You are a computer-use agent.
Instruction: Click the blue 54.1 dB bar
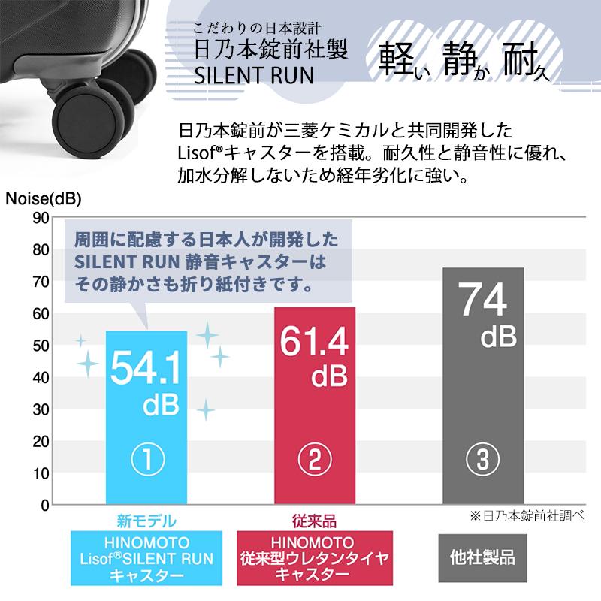tap(146, 418)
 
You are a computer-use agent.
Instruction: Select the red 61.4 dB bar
tap(315, 406)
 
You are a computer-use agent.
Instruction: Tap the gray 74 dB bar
tap(483, 385)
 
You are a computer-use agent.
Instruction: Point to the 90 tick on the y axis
tap(41, 218)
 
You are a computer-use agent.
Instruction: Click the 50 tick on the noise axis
tap(41, 346)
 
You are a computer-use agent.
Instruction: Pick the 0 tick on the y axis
tap(45, 506)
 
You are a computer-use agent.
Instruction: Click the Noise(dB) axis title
tap(44, 199)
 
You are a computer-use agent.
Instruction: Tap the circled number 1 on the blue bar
tap(147, 459)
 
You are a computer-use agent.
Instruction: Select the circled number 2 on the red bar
tap(315, 459)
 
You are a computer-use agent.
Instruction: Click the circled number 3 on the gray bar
tap(482, 459)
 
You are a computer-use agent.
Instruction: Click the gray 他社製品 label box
tap(482, 558)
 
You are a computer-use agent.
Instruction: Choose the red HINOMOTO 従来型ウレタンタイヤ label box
tap(315, 558)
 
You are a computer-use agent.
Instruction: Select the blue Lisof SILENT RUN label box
tap(146, 558)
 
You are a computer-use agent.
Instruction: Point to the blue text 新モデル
tap(146, 521)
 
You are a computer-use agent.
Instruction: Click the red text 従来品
tap(314, 521)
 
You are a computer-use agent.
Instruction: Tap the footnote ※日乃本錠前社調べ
tap(527, 516)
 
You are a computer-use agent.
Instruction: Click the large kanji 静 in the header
tap(461, 59)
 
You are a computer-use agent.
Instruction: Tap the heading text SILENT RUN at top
tap(254, 75)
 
